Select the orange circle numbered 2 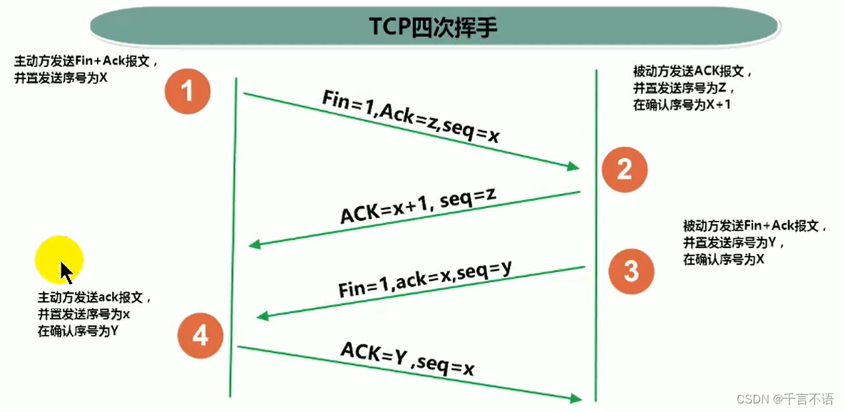[624, 169]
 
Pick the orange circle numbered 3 [631, 271]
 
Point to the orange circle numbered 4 [200, 334]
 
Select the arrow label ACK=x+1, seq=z [418, 205]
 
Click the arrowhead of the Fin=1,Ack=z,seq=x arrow [573, 167]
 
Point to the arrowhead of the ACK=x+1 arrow [255, 245]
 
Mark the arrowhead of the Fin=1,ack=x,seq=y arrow [262, 317]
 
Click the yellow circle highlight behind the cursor [59, 259]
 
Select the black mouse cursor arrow [66, 272]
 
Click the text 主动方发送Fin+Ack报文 [83, 63]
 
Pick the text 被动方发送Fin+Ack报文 [754, 227]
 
